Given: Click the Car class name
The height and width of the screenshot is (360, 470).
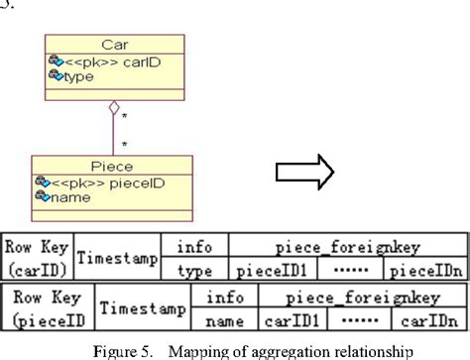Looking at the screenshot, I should (114, 46).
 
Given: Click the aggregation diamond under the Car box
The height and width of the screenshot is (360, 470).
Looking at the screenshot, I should (114, 106).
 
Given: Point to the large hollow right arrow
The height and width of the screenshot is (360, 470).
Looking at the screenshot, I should (305, 174).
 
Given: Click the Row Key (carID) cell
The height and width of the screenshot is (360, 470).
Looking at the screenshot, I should (38, 257).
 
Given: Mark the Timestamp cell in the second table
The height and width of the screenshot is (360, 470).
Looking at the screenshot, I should (141, 307).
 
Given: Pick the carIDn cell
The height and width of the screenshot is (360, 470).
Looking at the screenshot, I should (428, 319).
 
